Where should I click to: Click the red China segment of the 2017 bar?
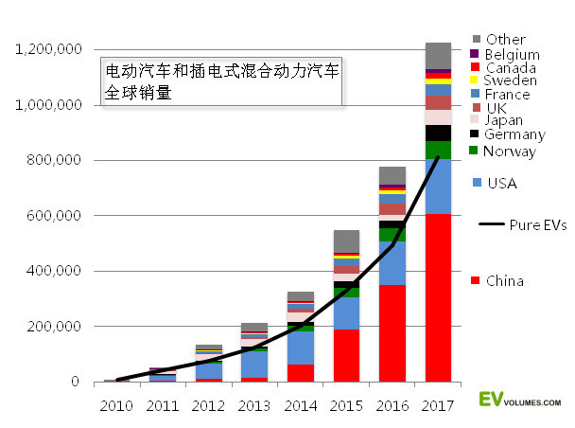point(437,297)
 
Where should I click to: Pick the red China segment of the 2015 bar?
point(346,355)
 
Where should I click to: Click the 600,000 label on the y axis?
point(56,216)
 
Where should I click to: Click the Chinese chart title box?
point(221,83)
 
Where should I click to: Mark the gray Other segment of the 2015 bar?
point(346,241)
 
